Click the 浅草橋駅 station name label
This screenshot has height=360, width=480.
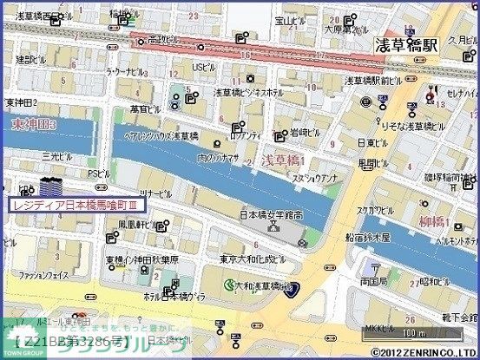pos(406,46)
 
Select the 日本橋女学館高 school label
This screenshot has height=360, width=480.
pos(270,214)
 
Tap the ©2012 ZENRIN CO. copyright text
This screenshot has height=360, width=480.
pos(424,352)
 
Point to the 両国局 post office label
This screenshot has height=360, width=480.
pos(374,282)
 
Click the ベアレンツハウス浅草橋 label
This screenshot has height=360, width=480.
pos(161,136)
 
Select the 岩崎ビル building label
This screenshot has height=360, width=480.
pos(303,133)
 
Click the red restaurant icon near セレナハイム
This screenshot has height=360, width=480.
pos(433,91)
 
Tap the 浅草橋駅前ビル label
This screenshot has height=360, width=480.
pos(372,81)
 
